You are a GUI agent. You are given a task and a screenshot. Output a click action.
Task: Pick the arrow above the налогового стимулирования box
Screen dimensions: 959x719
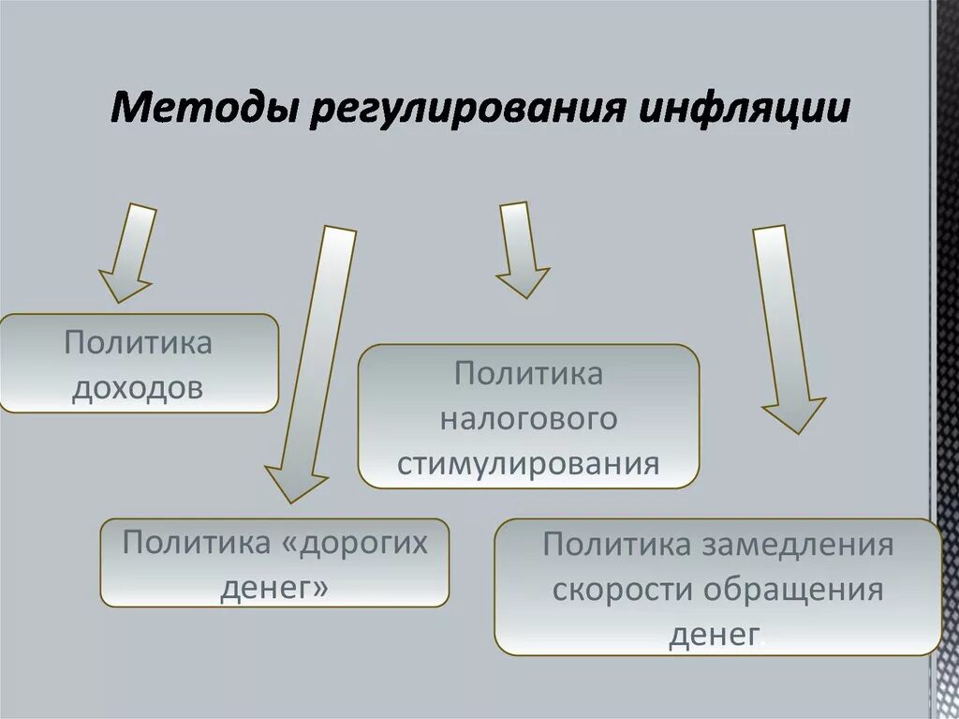click(x=521, y=249)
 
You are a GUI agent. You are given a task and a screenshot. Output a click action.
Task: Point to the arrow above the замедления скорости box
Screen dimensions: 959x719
click(x=785, y=328)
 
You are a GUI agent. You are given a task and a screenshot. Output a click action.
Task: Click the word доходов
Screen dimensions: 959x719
click(x=138, y=386)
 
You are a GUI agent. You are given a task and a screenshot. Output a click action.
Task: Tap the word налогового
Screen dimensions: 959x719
click(x=529, y=418)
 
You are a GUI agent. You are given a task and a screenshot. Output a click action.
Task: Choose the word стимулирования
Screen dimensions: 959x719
click(x=529, y=463)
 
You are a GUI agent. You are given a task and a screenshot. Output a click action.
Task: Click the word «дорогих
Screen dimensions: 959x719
click(x=360, y=543)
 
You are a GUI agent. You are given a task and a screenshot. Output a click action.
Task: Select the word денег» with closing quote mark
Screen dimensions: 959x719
click(x=275, y=588)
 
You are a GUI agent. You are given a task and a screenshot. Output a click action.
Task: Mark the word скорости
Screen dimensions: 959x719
click(x=623, y=591)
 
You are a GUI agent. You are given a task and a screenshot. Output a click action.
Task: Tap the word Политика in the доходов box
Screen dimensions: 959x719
click(x=138, y=342)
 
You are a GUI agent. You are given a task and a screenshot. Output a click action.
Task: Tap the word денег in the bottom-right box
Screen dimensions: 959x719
click(x=713, y=635)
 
